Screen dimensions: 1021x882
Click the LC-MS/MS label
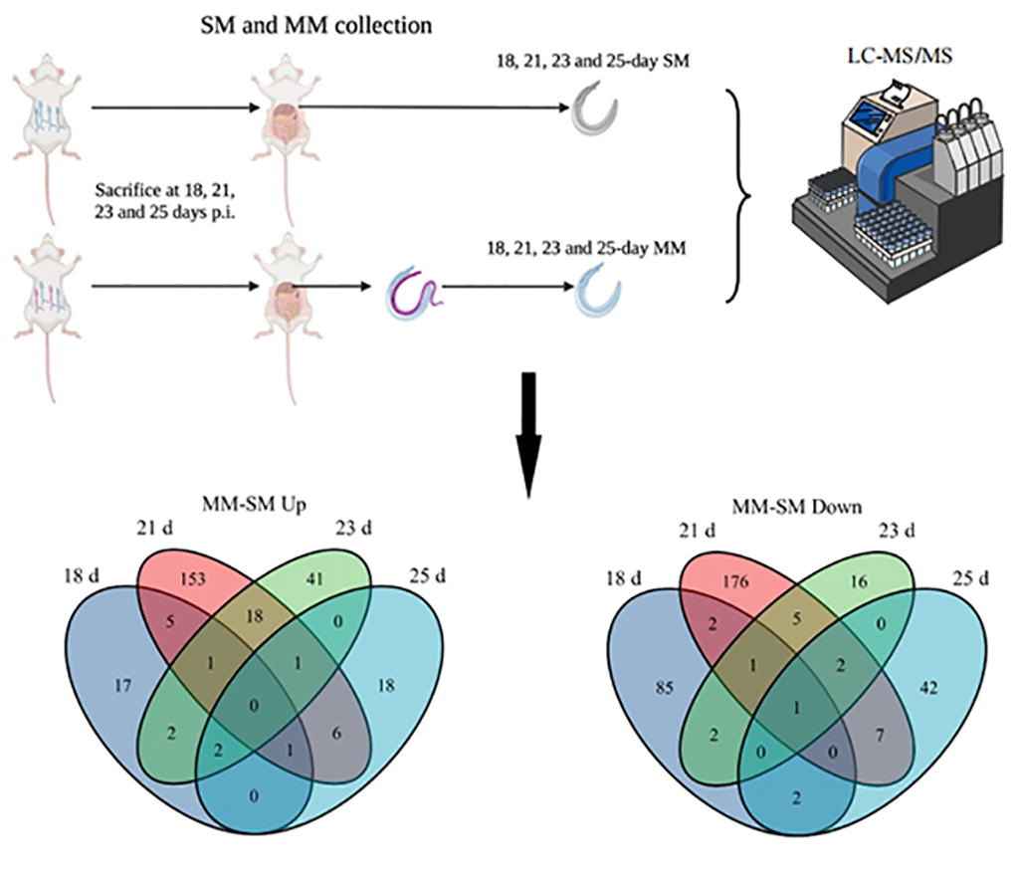(900, 56)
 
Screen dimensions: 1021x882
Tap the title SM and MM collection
(315, 26)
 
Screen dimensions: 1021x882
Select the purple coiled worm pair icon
(414, 293)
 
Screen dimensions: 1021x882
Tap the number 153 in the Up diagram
(193, 577)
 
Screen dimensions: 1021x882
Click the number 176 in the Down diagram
(735, 580)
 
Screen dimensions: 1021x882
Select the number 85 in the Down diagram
(664, 687)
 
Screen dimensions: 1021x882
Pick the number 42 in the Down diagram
(928, 687)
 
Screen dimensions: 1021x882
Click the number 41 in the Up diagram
(314, 578)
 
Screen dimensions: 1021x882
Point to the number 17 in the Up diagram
(122, 685)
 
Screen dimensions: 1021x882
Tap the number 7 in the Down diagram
(879, 736)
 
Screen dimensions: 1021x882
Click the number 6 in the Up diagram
(336, 733)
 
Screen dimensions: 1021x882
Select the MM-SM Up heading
(254, 505)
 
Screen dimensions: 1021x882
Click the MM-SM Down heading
(797, 507)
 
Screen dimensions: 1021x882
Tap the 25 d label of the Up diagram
(427, 575)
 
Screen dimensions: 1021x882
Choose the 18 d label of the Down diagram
(623, 577)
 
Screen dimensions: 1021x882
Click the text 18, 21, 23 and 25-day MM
(586, 249)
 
